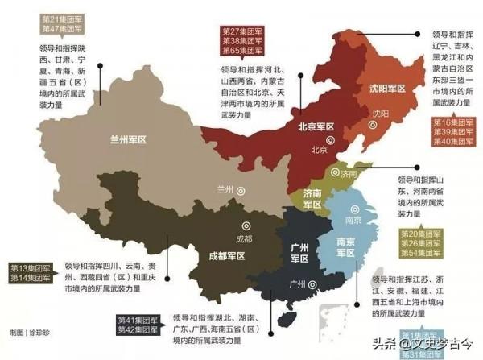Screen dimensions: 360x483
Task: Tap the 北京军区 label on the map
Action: pyautogui.click(x=316, y=127)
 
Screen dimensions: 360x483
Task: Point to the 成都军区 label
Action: pyautogui.click(x=226, y=255)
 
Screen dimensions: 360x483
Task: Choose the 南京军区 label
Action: pyautogui.click(x=345, y=249)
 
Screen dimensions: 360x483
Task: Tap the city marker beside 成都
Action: pyautogui.click(x=247, y=226)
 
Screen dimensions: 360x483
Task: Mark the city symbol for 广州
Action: pyautogui.click(x=323, y=283)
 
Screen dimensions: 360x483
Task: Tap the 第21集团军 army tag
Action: pyautogui.click(x=60, y=18)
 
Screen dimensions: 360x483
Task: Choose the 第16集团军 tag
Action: pyautogui.click(x=454, y=122)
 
